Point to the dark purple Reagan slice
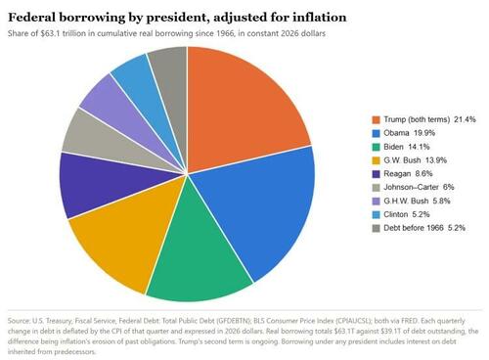(x=108, y=183)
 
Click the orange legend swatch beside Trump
(x=376, y=119)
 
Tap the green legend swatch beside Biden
(x=376, y=147)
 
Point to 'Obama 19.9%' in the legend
(x=409, y=133)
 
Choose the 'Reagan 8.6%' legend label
(x=408, y=174)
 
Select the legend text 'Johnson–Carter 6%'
(x=419, y=187)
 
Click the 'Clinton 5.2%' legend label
(x=407, y=214)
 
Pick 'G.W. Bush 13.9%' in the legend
(x=415, y=160)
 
